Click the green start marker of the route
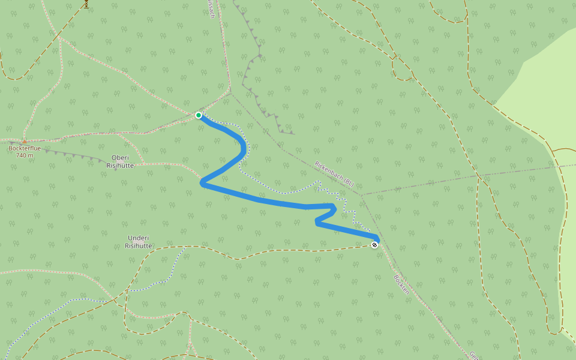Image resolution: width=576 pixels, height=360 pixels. point(199,115)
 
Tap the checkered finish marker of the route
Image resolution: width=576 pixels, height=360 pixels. point(374,245)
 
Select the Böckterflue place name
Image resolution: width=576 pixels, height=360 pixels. point(25,148)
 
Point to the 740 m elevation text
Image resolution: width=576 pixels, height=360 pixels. point(25,155)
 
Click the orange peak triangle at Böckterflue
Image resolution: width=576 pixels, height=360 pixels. point(25,142)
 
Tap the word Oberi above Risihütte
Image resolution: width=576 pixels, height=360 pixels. point(120,158)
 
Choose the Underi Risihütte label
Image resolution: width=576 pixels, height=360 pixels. point(138,242)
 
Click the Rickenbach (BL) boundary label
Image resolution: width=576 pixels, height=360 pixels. point(334,173)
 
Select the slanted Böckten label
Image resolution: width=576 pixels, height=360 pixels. point(401,284)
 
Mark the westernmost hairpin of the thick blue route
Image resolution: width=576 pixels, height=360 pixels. point(203,184)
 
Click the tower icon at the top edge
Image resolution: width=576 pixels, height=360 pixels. point(86,3)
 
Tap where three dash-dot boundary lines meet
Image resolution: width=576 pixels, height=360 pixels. point(362,195)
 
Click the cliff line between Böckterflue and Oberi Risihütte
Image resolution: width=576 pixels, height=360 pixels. point(78,157)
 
